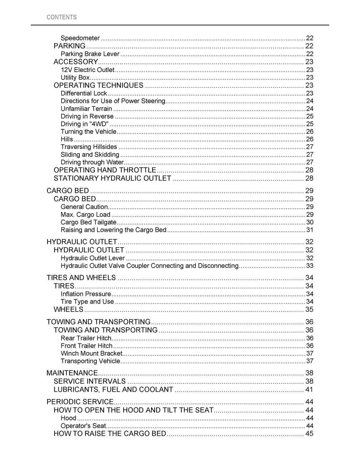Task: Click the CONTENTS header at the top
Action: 62,17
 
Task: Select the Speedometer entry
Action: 80,38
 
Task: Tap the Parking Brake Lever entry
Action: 90,54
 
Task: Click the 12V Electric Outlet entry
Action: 88,70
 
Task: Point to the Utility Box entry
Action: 75,77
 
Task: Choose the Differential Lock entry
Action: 84,93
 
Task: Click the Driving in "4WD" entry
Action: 84,124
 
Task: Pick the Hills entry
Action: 67,139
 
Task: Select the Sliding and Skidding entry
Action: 90,155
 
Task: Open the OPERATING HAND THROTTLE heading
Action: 105,170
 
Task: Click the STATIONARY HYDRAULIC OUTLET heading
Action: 112,178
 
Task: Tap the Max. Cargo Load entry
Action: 85,214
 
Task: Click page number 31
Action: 309,230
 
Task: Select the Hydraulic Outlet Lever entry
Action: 93,258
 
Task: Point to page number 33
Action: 309,266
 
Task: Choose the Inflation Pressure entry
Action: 86,294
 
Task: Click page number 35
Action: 309,310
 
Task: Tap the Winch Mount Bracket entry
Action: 91,353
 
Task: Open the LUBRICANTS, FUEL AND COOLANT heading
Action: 113,389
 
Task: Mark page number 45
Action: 309,434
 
